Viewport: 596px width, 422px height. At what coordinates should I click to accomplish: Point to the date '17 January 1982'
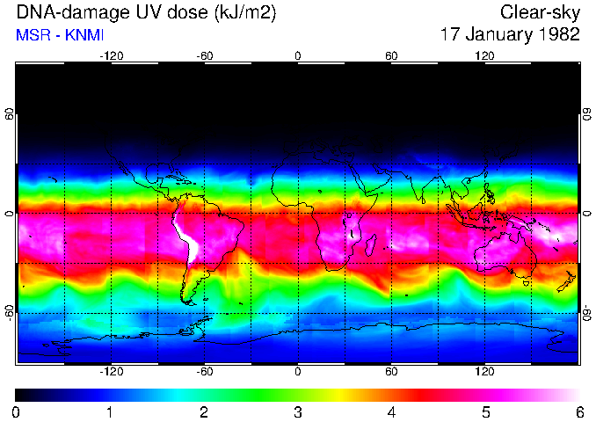click(510, 35)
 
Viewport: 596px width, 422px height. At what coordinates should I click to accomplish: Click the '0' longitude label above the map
click(298, 56)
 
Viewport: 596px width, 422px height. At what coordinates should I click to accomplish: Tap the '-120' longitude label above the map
click(111, 56)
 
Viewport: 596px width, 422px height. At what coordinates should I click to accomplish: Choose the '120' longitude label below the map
click(484, 371)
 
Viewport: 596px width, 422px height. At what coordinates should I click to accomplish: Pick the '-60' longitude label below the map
click(205, 371)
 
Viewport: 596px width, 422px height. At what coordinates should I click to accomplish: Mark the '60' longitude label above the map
click(391, 56)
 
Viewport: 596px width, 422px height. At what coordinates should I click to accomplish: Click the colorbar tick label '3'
click(297, 411)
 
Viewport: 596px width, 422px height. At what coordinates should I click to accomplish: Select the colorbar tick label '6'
click(578, 411)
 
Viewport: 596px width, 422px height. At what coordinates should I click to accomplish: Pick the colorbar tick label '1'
click(110, 411)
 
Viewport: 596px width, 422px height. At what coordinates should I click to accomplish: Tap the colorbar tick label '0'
click(17, 411)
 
